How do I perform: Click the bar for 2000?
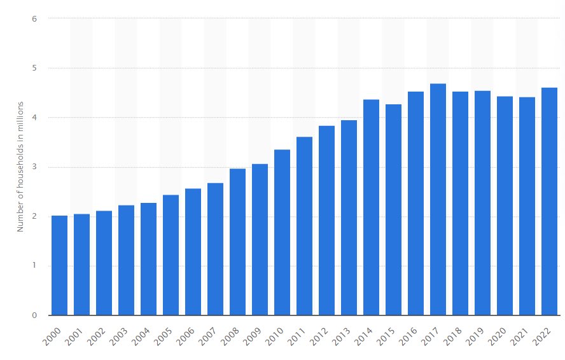click(59, 265)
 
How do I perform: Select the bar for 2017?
click(438, 199)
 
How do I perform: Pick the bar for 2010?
click(282, 232)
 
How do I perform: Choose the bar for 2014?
click(371, 207)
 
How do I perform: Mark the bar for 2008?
click(237, 242)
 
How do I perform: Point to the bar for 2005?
click(171, 255)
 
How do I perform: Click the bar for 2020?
click(505, 205)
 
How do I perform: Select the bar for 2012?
click(326, 220)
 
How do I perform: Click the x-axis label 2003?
click(125, 335)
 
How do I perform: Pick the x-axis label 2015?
click(392, 335)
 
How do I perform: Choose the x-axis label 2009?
click(258, 335)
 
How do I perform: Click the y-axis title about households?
click(20, 166)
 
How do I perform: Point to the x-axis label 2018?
click(459, 335)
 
